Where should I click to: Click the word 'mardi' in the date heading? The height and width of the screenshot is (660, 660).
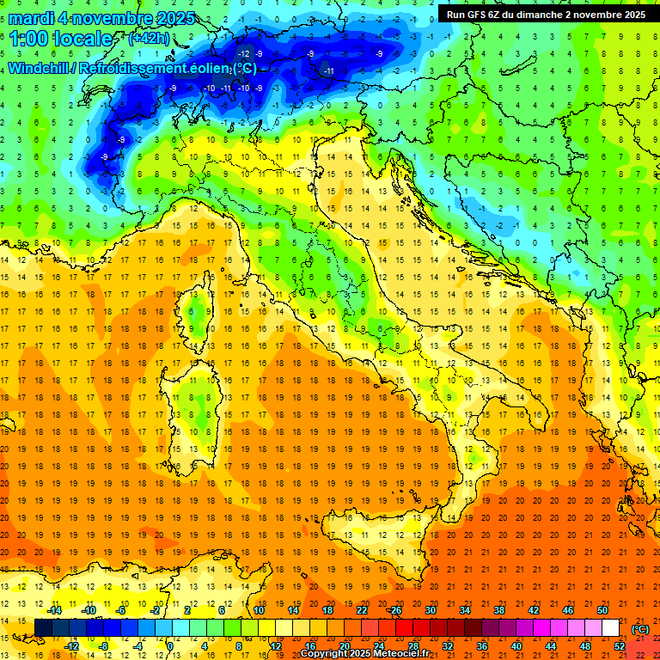point(28,18)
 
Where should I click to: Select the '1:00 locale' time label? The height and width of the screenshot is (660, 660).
point(60,39)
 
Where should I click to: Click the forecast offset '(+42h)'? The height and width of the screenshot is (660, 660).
point(148,39)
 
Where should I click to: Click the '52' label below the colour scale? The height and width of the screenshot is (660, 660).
point(620,645)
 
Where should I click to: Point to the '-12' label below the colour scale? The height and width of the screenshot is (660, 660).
point(72,645)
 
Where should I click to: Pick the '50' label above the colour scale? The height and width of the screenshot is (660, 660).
point(602,609)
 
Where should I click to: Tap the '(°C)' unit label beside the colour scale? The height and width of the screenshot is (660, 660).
point(639,628)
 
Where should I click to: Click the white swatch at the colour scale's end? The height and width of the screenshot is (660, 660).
point(611,627)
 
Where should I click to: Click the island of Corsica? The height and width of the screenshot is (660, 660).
point(199,314)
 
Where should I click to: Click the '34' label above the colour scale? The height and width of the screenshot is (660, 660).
point(464,609)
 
